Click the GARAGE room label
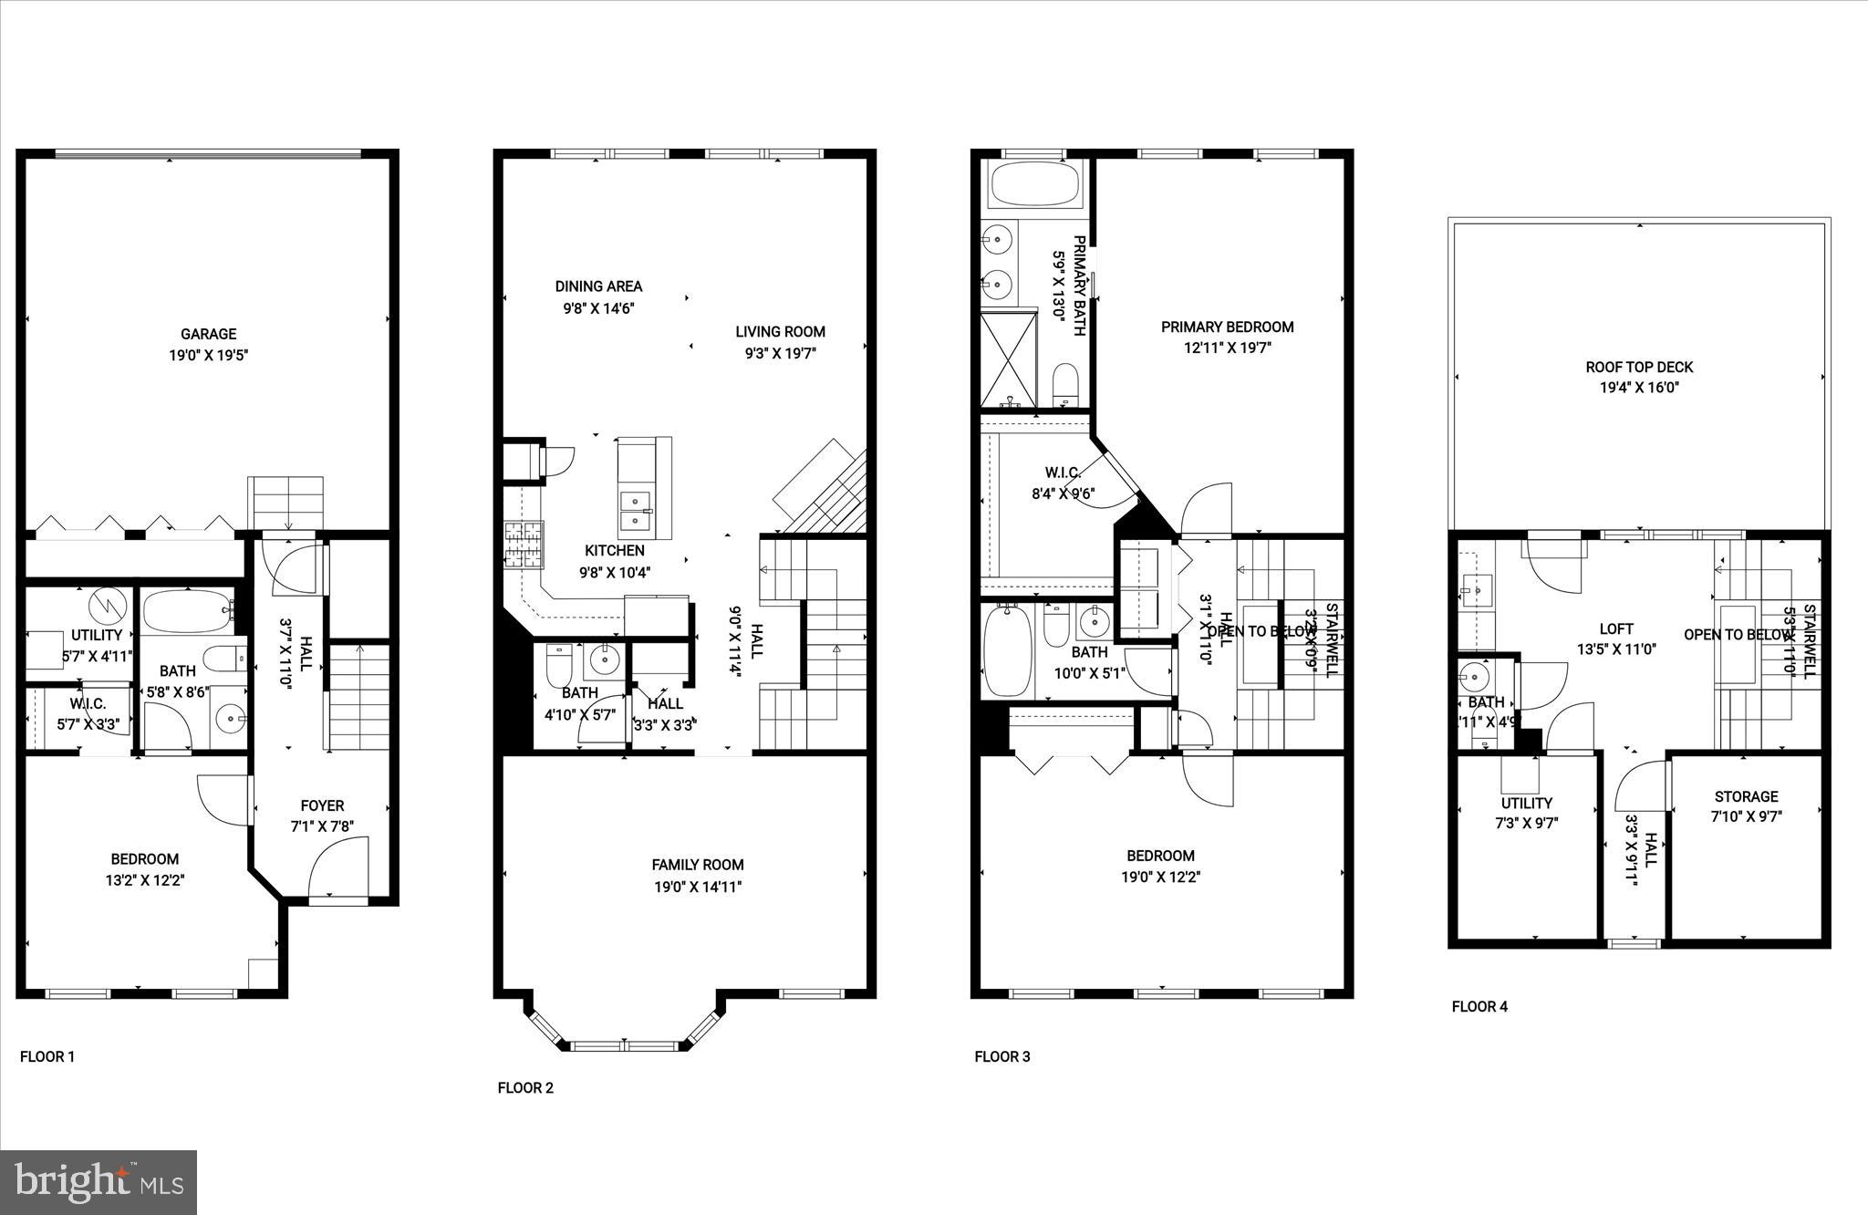coord(208,334)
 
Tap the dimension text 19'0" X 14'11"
coord(698,887)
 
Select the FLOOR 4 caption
coord(1479,1007)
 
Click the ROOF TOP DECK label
coord(1639,367)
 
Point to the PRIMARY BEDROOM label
coord(1227,327)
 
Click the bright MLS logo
coord(99,1183)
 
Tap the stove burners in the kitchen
coord(523,545)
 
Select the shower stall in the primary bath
coord(1009,359)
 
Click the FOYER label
coord(322,805)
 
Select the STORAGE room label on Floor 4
coord(1745,796)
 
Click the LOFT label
coord(1616,628)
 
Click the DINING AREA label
coord(598,286)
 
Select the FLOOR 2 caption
coord(525,1087)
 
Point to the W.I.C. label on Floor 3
coord(1063,472)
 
